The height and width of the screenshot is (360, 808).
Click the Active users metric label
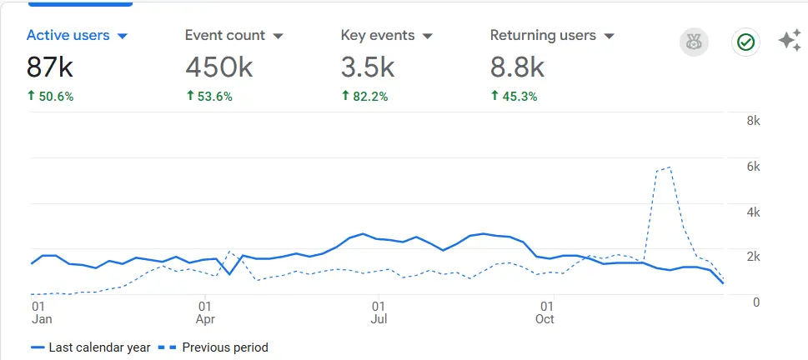click(x=68, y=36)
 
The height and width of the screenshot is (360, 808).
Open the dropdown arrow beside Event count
click(x=279, y=37)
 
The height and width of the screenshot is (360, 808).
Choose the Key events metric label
click(x=378, y=36)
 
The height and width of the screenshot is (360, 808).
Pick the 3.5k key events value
click(x=368, y=66)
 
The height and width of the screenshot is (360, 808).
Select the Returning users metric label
click(x=543, y=36)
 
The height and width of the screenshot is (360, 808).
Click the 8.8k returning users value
click(x=517, y=66)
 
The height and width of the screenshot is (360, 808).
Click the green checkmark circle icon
click(x=745, y=42)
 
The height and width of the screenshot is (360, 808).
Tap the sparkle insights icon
click(x=790, y=41)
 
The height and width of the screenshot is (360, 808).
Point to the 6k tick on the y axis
click(x=752, y=167)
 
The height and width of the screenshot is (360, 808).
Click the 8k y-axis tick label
click(x=752, y=121)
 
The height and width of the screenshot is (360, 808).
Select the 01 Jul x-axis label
click(x=379, y=312)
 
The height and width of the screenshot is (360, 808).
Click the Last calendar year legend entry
click(x=91, y=347)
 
